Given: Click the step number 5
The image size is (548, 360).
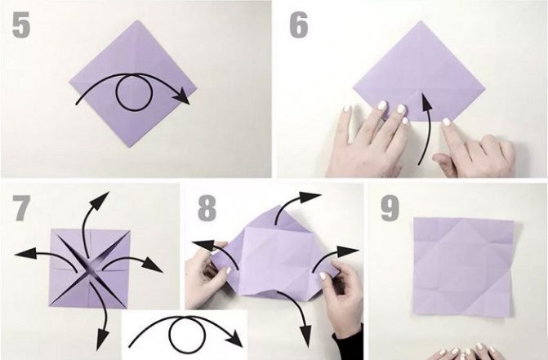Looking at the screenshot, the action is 21,24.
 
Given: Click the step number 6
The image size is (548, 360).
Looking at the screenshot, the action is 299,25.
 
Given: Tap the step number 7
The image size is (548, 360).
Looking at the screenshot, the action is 21,208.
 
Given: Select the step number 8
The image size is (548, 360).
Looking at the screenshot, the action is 207,208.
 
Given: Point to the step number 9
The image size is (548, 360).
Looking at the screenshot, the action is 390,208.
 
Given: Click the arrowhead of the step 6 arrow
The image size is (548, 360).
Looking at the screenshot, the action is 425,99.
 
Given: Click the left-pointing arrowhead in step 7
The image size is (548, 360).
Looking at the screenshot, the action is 25,253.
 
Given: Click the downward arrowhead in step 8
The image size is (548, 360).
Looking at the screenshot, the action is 305,336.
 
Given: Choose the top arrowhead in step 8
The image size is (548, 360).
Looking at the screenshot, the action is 310,197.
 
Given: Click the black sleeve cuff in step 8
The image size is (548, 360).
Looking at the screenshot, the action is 348,344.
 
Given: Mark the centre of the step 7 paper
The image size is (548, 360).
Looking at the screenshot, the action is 90,269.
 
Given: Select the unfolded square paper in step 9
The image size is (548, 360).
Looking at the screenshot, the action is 464,267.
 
